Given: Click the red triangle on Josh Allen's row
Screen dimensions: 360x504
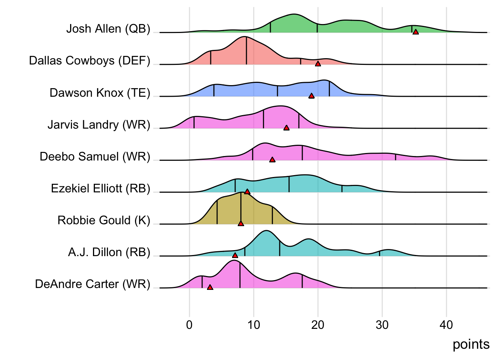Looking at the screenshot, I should (x=415, y=32).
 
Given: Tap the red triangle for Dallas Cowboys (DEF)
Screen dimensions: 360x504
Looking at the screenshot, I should (x=318, y=64).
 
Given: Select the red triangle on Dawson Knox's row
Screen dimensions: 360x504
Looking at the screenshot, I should (x=311, y=96).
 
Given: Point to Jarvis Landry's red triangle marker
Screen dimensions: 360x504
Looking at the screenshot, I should (x=286, y=128).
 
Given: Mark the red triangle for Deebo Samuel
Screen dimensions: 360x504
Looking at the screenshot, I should (x=272, y=160).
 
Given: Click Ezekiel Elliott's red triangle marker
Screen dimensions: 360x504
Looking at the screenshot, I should (x=247, y=192).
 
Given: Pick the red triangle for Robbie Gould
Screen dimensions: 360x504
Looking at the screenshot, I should (x=241, y=223).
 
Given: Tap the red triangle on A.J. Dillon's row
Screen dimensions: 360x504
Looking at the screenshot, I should (x=235, y=255).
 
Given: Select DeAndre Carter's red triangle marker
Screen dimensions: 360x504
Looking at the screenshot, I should (x=210, y=287).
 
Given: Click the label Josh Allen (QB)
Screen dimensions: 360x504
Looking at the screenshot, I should (x=108, y=29).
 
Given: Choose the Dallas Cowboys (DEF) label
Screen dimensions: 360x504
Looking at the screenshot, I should (x=90, y=61).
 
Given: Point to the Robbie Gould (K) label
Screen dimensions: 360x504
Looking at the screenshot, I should (x=103, y=220).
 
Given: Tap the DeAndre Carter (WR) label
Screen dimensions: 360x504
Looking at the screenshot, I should (x=92, y=284).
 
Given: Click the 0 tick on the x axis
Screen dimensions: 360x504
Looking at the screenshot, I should (x=189, y=325).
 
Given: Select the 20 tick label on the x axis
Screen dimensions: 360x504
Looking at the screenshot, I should (x=318, y=325).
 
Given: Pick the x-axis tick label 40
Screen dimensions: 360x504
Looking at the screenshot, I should (x=446, y=325).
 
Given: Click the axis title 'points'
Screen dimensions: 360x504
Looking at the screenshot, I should (x=471, y=344).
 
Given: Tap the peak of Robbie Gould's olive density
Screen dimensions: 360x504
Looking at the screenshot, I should (x=240, y=193).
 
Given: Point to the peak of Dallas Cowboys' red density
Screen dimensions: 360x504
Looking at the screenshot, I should (x=245, y=37).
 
